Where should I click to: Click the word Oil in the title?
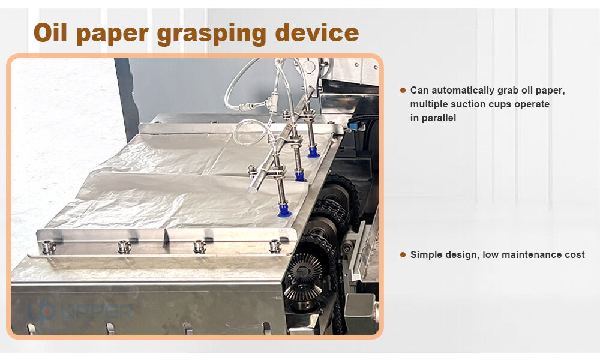point(50,32)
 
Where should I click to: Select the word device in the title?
point(317,32)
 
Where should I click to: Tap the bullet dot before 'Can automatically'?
point(403,90)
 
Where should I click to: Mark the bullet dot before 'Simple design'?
point(403,255)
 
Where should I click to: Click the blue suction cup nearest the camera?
point(284,211)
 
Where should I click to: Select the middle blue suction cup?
point(301,176)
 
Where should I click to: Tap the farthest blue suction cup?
point(314,152)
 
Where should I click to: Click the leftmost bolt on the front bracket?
point(48,247)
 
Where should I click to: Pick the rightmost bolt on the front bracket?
point(275,246)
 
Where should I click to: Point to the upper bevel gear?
point(304,267)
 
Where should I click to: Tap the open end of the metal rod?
point(253,189)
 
